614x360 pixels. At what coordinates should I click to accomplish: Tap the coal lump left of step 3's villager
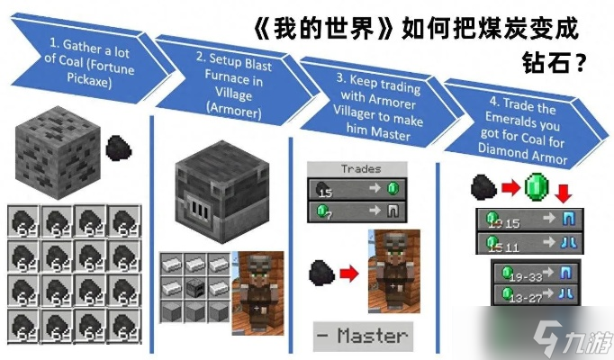(319, 271)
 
